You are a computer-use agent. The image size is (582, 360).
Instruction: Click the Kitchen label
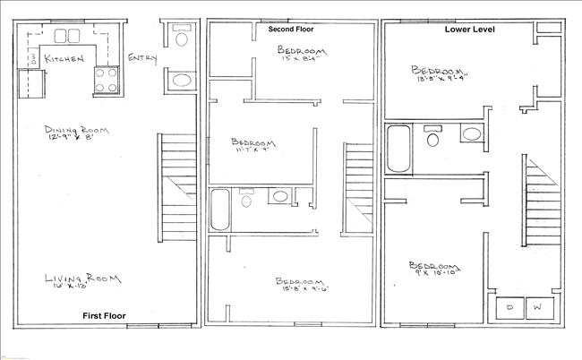click(x=64, y=59)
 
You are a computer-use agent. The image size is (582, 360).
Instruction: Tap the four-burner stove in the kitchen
click(x=105, y=79)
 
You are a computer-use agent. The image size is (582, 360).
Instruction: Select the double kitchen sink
click(x=67, y=37)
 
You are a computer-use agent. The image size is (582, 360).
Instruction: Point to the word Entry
click(x=143, y=59)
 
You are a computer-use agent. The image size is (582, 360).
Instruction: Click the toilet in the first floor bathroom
click(x=181, y=39)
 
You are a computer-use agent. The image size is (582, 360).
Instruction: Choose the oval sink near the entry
click(x=181, y=81)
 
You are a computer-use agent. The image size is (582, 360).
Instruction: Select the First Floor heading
click(x=104, y=316)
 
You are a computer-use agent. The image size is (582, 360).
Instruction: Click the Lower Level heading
click(x=471, y=29)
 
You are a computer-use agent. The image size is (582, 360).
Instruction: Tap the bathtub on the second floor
click(x=220, y=210)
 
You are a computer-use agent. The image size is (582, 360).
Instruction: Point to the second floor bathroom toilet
click(x=247, y=198)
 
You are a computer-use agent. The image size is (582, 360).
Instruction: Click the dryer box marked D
click(x=510, y=306)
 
